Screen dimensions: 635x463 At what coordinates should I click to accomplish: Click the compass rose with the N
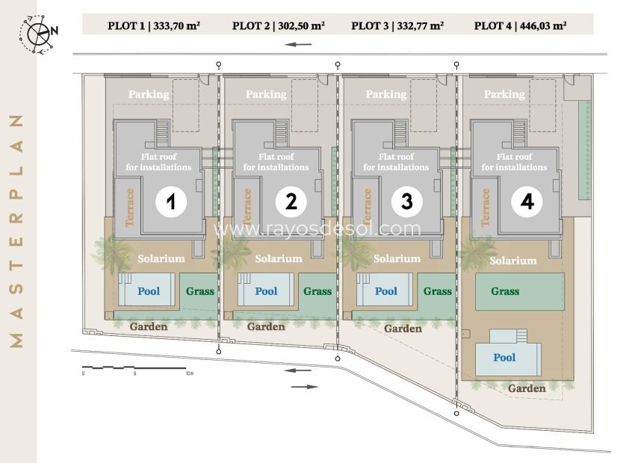click(x=38, y=34)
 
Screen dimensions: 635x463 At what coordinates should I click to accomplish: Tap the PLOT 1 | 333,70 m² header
click(x=154, y=26)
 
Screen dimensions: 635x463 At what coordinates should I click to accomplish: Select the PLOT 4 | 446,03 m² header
click(x=521, y=26)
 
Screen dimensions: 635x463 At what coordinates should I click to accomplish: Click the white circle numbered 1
click(x=171, y=202)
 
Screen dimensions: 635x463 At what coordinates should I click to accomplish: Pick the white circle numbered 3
click(x=407, y=202)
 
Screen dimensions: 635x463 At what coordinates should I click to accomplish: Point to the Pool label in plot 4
click(x=504, y=358)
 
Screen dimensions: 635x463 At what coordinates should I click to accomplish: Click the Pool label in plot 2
click(x=266, y=291)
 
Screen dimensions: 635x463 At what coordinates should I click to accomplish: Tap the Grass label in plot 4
click(x=505, y=291)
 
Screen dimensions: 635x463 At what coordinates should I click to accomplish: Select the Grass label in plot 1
click(x=200, y=291)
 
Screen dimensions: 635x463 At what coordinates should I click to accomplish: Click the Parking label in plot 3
click(x=386, y=94)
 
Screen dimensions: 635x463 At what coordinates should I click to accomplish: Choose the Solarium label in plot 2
click(x=279, y=258)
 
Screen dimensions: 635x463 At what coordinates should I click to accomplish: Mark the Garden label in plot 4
click(x=527, y=388)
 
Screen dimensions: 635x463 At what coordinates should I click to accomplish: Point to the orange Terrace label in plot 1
click(x=129, y=207)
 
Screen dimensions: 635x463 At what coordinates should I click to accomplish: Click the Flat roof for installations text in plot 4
click(x=514, y=162)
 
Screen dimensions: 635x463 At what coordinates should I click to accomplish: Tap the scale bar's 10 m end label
click(x=190, y=373)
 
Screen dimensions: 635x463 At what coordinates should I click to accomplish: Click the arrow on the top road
click(x=298, y=45)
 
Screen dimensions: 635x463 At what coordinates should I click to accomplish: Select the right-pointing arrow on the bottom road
click(x=305, y=387)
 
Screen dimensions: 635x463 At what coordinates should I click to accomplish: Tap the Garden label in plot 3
click(x=403, y=329)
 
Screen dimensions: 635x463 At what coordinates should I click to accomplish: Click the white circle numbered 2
click(x=291, y=202)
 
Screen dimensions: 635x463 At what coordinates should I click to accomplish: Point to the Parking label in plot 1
click(x=149, y=94)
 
